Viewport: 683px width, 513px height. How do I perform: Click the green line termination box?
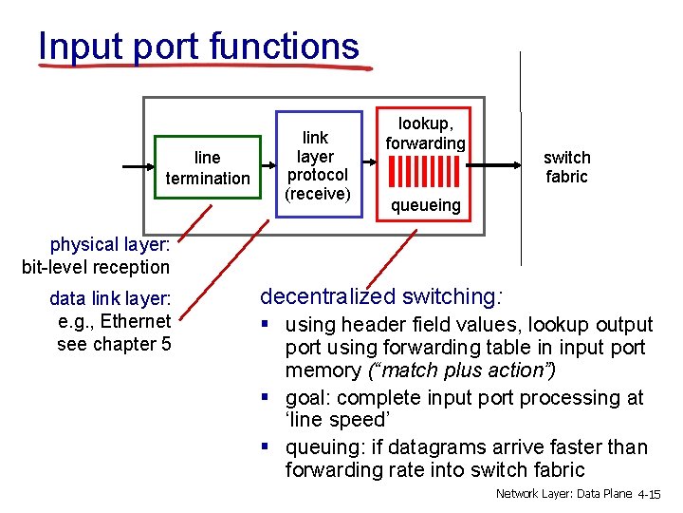point(207,167)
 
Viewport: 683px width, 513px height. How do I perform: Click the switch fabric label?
point(566,167)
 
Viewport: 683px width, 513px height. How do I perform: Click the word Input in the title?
point(78,47)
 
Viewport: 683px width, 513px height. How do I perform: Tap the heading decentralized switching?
point(381,296)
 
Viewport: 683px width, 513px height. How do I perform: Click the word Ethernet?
point(136,321)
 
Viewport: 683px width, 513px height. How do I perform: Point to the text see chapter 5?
point(114,344)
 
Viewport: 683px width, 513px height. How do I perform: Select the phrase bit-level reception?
point(96,267)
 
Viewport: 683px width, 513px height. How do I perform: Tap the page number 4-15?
point(650,495)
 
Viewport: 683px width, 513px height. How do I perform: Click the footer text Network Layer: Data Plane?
point(564,495)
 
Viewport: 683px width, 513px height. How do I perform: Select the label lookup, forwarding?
point(425,132)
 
